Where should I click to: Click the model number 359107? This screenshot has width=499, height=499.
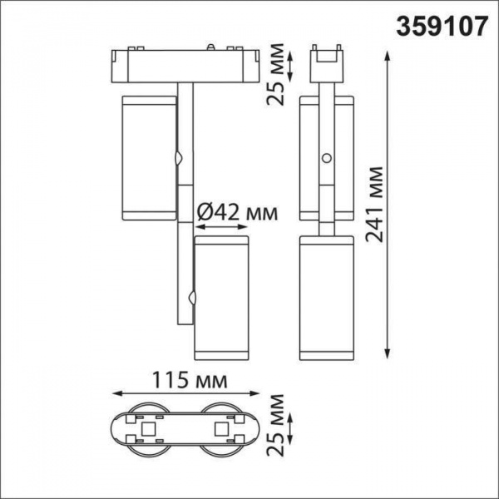pyautogui.click(x=442, y=26)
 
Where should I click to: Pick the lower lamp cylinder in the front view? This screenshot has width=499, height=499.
pyautogui.click(x=220, y=298)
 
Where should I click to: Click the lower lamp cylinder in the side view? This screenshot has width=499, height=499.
pyautogui.click(x=329, y=298)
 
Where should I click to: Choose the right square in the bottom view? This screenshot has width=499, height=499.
pyautogui.click(x=221, y=428)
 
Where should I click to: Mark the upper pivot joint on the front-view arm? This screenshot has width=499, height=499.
pyautogui.click(x=180, y=157)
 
